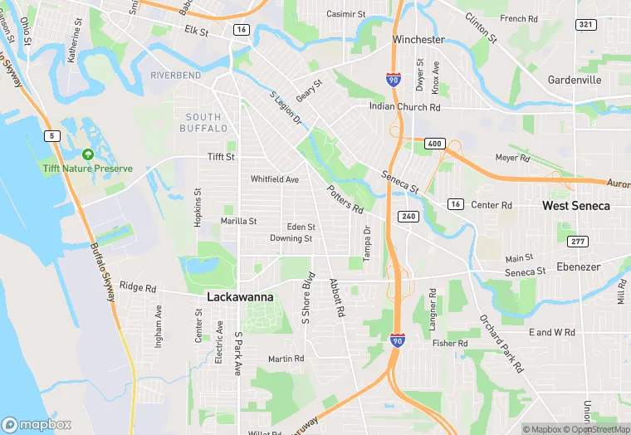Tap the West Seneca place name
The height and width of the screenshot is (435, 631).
(576, 205)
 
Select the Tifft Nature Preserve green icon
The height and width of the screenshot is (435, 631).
(88, 154)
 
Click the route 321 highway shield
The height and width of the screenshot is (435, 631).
(586, 24)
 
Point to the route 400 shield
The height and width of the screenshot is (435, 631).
(435, 144)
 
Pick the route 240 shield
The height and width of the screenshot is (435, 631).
(408, 216)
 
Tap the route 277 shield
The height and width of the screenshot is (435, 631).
(578, 241)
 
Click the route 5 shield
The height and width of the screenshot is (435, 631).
(53, 135)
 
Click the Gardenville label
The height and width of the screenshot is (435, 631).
(575, 80)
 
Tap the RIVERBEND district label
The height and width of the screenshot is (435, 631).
(176, 76)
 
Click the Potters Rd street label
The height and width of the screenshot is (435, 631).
(345, 198)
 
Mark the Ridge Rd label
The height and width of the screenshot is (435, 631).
(138, 287)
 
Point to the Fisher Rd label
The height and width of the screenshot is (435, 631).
(450, 343)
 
